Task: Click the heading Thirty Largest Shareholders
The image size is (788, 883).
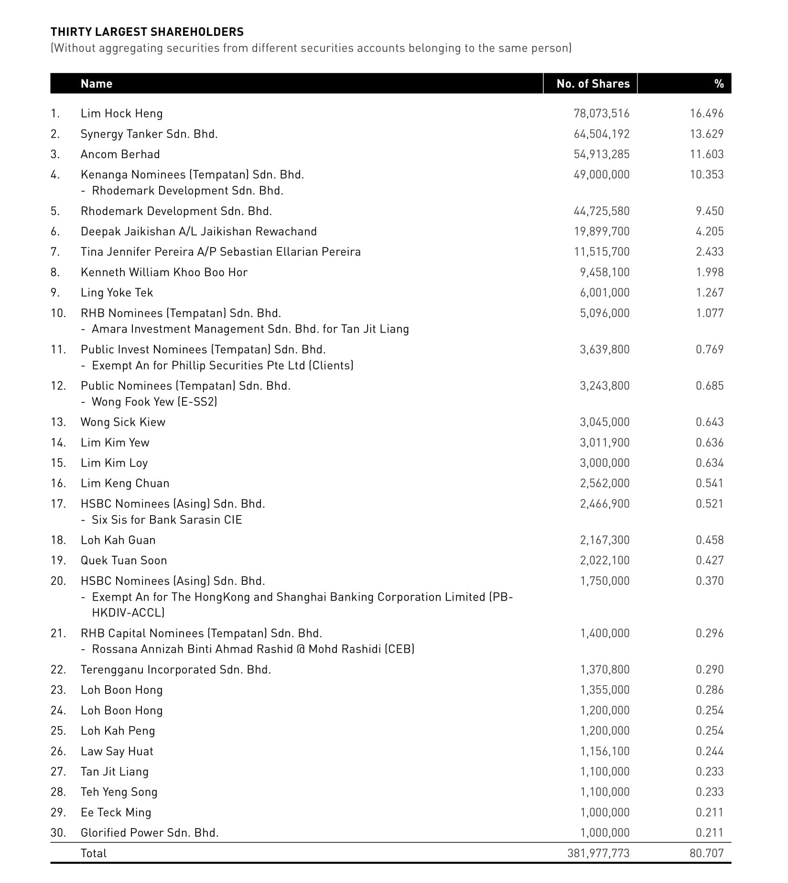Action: [147, 32]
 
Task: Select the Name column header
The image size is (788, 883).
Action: [97, 84]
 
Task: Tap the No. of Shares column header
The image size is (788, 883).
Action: [593, 84]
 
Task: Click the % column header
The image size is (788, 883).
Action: [719, 84]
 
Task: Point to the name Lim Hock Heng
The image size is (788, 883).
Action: [121, 114]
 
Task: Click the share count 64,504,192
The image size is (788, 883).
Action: [601, 134]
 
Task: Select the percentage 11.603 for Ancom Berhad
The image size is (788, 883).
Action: [706, 154]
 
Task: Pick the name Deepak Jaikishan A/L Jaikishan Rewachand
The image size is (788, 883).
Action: [198, 232]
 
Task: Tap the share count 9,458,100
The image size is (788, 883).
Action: [604, 272]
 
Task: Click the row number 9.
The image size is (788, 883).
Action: [55, 293]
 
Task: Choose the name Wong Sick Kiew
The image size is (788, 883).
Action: [123, 422]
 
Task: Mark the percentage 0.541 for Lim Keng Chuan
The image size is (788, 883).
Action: [709, 484]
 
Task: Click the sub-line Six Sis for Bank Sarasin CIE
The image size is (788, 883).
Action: [167, 520]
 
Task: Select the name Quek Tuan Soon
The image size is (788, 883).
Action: [124, 560]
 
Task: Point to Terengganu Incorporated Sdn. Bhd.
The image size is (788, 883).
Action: [175, 670]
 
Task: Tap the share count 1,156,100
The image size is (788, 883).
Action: [604, 752]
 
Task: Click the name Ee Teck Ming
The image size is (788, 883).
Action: [116, 813]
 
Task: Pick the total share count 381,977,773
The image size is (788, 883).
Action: [598, 853]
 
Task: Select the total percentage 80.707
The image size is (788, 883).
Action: [706, 853]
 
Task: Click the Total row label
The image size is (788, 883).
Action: [94, 853]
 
